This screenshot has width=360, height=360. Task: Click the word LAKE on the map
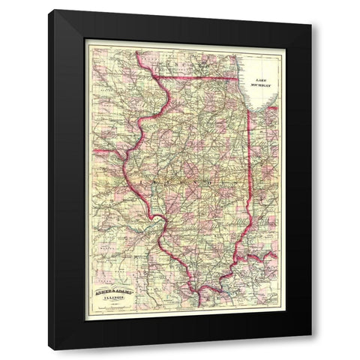point(260,77)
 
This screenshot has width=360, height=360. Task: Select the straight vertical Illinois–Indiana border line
point(250,165)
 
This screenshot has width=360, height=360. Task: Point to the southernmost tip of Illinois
point(199,289)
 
